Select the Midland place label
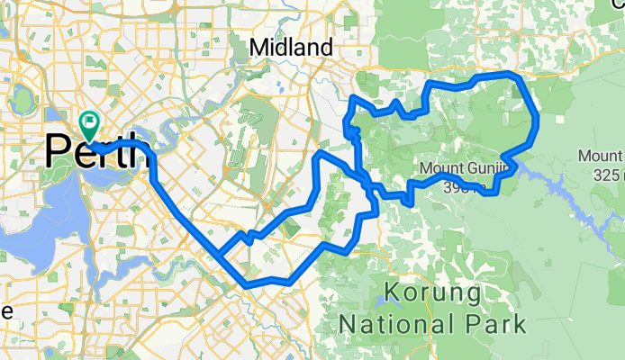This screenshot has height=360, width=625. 291,47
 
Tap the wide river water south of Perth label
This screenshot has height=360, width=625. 36,216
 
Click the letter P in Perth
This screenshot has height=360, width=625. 59,150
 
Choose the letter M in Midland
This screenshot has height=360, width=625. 258,47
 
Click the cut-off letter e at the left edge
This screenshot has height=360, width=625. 5,312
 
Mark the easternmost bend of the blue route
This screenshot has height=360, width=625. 537,121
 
